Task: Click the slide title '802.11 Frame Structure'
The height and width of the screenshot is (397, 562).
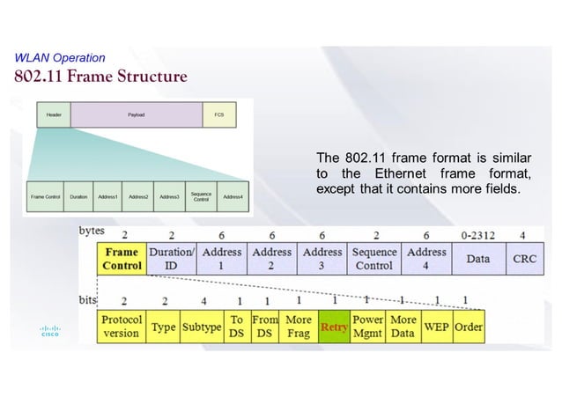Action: click(x=100, y=76)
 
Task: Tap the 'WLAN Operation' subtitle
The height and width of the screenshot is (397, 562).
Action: click(x=60, y=58)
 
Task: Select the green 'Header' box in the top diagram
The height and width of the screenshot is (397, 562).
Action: click(x=53, y=114)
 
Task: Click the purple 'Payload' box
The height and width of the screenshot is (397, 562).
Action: click(x=136, y=114)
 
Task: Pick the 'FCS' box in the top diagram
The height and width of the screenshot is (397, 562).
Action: click(x=218, y=114)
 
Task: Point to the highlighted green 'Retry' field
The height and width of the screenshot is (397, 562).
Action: click(x=334, y=327)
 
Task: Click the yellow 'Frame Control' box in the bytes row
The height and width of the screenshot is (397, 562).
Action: click(x=122, y=259)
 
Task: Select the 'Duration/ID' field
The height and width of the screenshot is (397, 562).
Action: click(x=171, y=259)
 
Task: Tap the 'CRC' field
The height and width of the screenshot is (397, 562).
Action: click(x=525, y=259)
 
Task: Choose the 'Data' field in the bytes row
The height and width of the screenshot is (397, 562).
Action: click(x=477, y=259)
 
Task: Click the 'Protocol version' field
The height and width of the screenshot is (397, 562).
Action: click(x=121, y=327)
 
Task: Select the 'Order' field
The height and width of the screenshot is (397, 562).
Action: click(x=468, y=327)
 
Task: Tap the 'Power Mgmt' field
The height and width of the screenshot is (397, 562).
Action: click(x=367, y=327)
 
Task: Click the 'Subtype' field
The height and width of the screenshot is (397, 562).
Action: click(x=202, y=327)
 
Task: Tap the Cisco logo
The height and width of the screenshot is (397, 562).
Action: click(x=48, y=332)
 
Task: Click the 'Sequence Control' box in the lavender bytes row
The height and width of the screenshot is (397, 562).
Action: click(x=374, y=259)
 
